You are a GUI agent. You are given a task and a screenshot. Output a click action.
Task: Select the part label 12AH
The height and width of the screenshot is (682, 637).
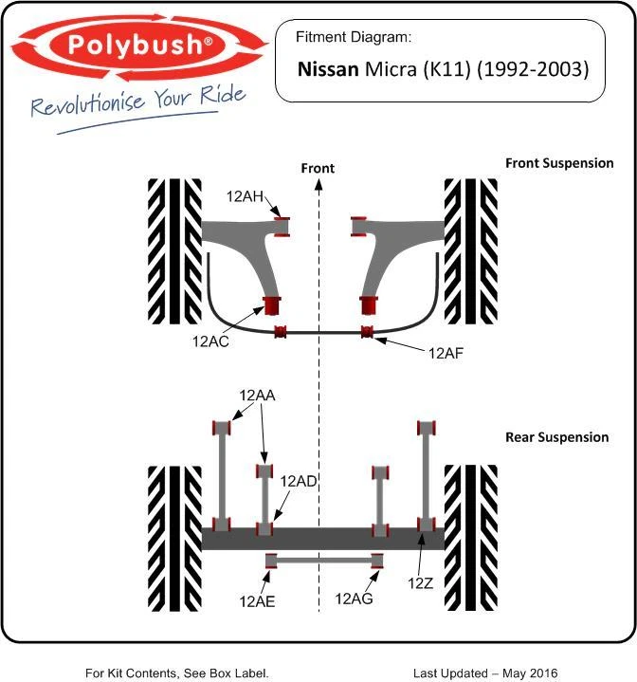pyautogui.click(x=245, y=196)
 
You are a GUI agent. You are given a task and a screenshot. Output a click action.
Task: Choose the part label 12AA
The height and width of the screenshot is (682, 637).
pyautogui.click(x=257, y=396)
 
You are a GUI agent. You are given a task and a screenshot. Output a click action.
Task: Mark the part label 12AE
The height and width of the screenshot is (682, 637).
pyautogui.click(x=257, y=599)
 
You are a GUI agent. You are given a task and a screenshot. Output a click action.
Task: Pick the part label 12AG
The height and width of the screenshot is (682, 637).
pyautogui.click(x=354, y=599)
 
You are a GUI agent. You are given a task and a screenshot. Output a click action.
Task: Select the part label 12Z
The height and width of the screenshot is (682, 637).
pyautogui.click(x=420, y=582)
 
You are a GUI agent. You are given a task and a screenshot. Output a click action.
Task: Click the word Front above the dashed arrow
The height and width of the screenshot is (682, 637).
pyautogui.click(x=318, y=168)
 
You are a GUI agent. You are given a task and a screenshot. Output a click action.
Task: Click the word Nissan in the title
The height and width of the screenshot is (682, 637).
pyautogui.click(x=328, y=69)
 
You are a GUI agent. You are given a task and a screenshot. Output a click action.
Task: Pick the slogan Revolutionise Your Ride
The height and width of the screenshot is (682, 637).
pyautogui.click(x=138, y=101)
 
